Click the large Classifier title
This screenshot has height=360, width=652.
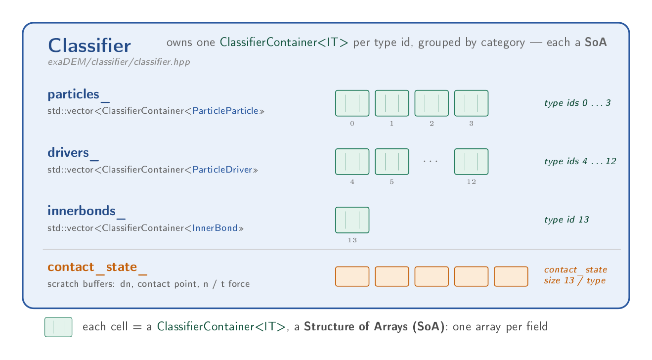(89, 45)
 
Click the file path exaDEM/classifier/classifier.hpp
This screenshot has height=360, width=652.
(119, 62)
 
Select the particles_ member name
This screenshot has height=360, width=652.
(79, 94)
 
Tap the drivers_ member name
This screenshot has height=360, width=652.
(73, 153)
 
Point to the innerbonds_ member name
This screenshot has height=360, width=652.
(87, 211)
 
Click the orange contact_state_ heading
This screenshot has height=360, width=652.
(97, 268)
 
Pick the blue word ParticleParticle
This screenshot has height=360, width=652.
(225, 111)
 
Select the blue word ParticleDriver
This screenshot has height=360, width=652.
(222, 170)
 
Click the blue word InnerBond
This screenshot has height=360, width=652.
(215, 228)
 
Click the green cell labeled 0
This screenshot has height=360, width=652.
(352, 103)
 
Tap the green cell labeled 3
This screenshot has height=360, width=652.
(471, 103)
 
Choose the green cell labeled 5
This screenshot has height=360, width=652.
(392, 162)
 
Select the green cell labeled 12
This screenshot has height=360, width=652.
(471, 162)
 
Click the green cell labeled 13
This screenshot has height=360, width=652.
(352, 220)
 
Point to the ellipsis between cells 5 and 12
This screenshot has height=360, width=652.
(431, 161)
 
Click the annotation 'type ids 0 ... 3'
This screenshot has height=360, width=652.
(577, 103)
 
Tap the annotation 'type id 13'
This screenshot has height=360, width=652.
(566, 220)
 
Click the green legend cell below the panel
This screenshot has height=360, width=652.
(58, 327)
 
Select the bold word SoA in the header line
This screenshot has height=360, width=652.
(596, 43)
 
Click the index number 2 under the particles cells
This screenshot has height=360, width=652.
(432, 124)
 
